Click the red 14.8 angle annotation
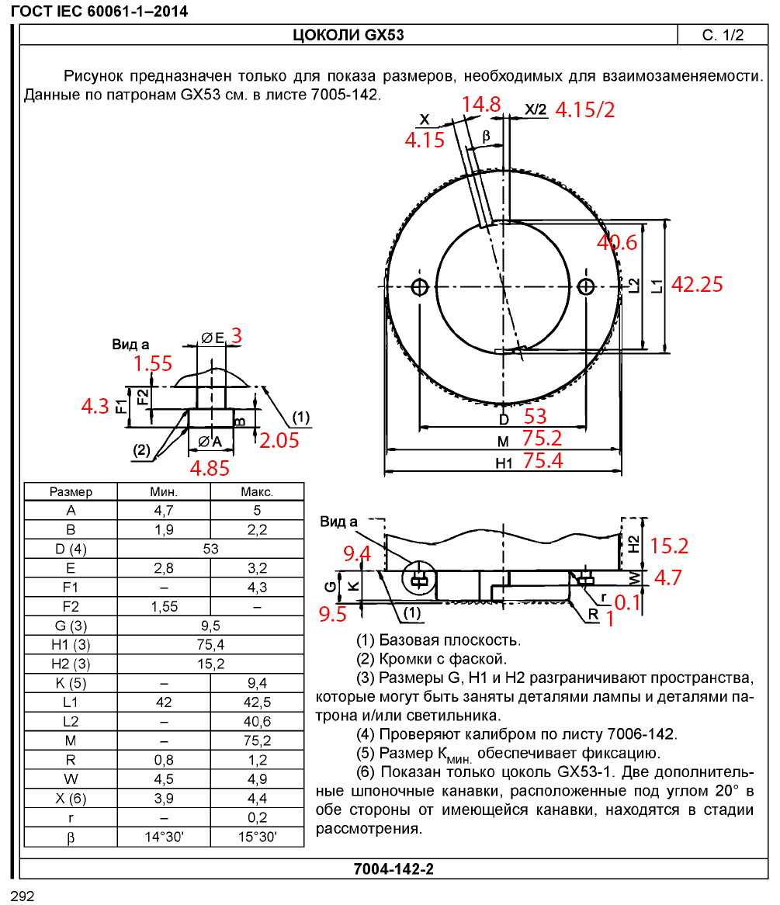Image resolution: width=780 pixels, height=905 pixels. pyautogui.click(x=481, y=104)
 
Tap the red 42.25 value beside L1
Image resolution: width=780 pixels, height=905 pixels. pyautogui.click(x=696, y=284)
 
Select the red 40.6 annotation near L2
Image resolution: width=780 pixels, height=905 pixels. pyautogui.click(x=617, y=243)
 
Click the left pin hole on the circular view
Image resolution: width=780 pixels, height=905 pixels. pyautogui.click(x=421, y=286)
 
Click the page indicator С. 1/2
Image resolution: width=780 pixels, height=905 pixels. pyautogui.click(x=723, y=36)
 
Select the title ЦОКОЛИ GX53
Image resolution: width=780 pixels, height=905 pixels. pyautogui.click(x=348, y=36)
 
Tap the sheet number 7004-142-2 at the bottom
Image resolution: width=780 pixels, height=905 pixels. pyautogui.click(x=393, y=869)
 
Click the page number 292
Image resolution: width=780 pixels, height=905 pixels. pyautogui.click(x=23, y=896)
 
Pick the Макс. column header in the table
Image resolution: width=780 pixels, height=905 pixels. pyautogui.click(x=257, y=492)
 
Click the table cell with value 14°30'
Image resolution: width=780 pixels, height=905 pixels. pyautogui.click(x=164, y=837)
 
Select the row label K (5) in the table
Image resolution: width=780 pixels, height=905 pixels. pyautogui.click(x=71, y=683)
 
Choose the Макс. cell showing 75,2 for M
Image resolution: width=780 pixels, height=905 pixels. pyautogui.click(x=257, y=741)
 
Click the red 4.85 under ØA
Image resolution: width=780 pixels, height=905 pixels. pyautogui.click(x=210, y=468)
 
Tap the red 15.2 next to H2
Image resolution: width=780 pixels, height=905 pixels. pyautogui.click(x=669, y=546)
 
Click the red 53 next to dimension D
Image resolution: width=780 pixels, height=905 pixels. pyautogui.click(x=536, y=417)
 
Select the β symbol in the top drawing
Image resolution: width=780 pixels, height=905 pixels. pyautogui.click(x=487, y=135)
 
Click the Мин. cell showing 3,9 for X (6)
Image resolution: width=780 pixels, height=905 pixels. pyautogui.click(x=164, y=799)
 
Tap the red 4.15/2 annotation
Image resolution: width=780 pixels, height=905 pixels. pyautogui.click(x=585, y=109)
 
